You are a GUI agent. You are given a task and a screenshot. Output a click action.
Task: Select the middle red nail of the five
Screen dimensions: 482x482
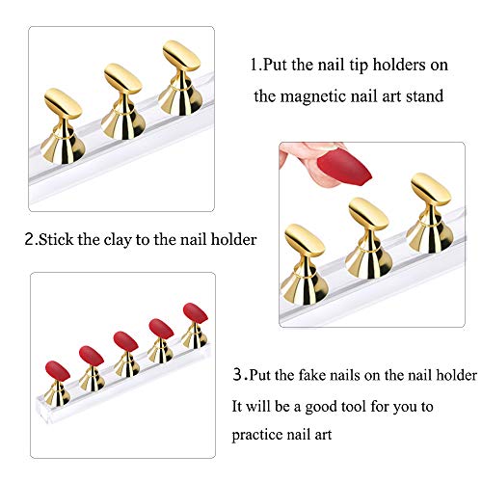[125, 340]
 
